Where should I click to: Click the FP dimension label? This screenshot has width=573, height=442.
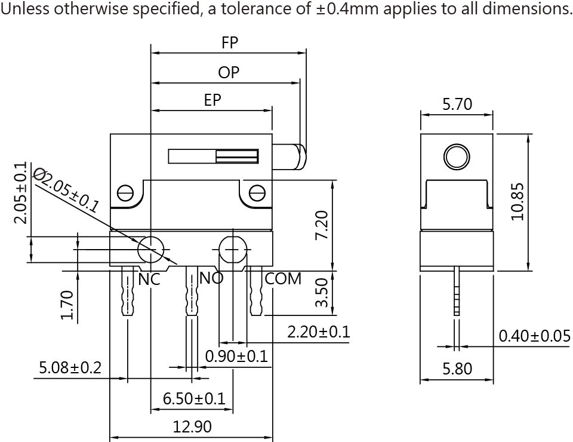[230, 42]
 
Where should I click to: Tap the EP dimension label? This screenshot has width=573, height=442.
[212, 100]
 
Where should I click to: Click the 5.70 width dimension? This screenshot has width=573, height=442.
[457, 105]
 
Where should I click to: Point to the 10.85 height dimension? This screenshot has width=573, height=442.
[517, 202]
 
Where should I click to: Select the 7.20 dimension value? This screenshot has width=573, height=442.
[322, 225]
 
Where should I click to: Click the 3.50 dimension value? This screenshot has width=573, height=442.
[322, 293]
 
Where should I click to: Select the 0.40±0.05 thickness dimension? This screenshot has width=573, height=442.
[534, 336]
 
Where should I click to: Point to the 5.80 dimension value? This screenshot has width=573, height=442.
[457, 369]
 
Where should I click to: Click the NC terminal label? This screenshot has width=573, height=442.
[150, 279]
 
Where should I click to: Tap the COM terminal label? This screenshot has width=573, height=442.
[283, 279]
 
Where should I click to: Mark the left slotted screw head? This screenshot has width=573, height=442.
[125, 193]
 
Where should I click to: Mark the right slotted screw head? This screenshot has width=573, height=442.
[257, 193]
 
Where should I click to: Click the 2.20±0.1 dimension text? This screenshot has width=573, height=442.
[318, 332]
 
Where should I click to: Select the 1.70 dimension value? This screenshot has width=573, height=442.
[67, 304]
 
